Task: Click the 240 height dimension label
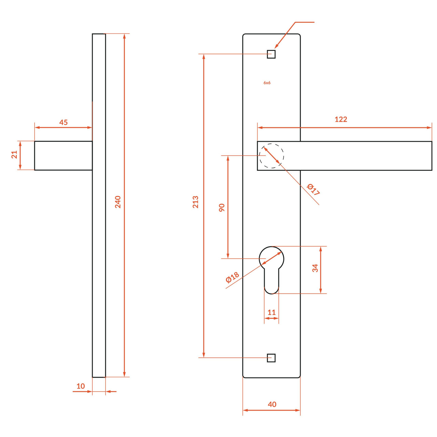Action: (118, 202)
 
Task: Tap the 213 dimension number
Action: (195, 202)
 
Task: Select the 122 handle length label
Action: (341, 119)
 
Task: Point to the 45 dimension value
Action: (63, 122)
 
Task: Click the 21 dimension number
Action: (14, 155)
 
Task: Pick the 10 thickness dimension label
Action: (81, 386)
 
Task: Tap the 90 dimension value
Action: (222, 208)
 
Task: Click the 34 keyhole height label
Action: (315, 268)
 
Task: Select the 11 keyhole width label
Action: (272, 312)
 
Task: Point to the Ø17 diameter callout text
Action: (313, 189)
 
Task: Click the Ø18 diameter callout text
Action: (232, 277)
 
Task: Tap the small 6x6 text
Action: (267, 83)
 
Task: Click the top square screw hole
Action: (271, 54)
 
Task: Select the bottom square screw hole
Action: (271, 358)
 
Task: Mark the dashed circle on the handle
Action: (272, 156)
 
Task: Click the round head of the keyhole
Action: (272, 258)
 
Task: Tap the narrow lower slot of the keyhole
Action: (272, 281)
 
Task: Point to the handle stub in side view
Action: (63, 155)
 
